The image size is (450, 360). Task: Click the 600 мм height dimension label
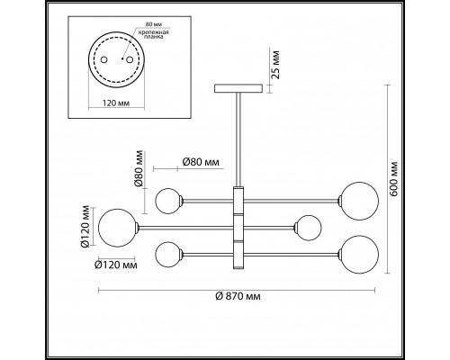point(394,179)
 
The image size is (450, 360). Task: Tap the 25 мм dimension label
point(276,65)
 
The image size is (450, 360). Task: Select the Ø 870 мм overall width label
point(238,296)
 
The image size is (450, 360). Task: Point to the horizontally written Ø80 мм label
point(201,162)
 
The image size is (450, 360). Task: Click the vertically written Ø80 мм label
point(139,168)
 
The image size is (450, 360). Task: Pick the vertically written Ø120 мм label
point(85,226)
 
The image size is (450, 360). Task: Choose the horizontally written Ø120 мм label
point(116,265)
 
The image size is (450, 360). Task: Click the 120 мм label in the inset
point(116,103)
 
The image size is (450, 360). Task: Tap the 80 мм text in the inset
point(152,24)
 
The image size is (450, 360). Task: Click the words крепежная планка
point(153,35)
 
